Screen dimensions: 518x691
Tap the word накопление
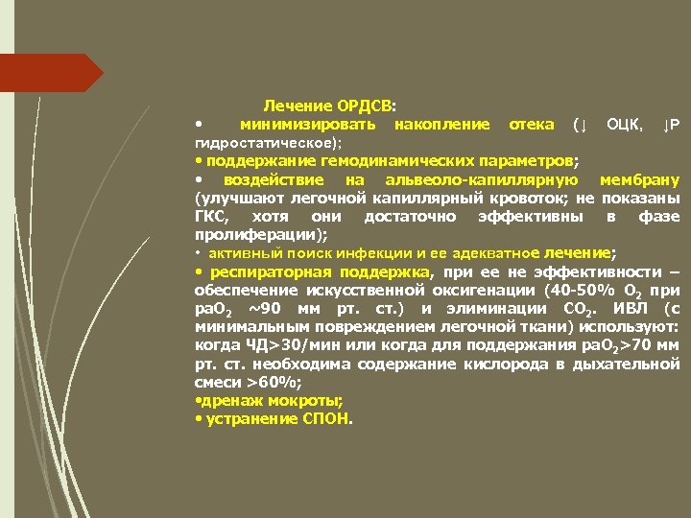click(x=441, y=125)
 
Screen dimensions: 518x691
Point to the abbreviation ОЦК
click(x=626, y=125)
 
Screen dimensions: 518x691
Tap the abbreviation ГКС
click(x=209, y=216)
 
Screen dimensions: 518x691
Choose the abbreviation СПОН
click(x=329, y=419)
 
